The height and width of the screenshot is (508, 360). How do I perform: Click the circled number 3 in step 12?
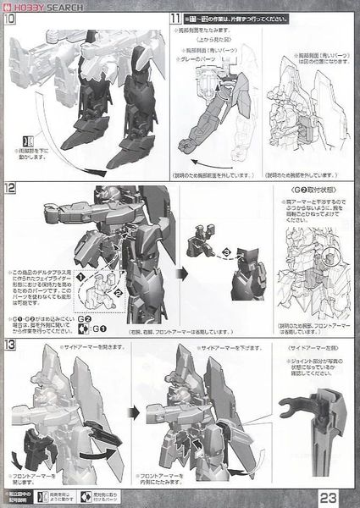tap(225, 252)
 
